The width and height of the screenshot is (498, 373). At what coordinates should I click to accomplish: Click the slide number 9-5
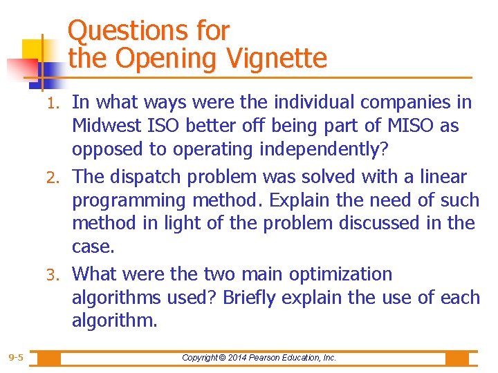click(16, 358)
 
